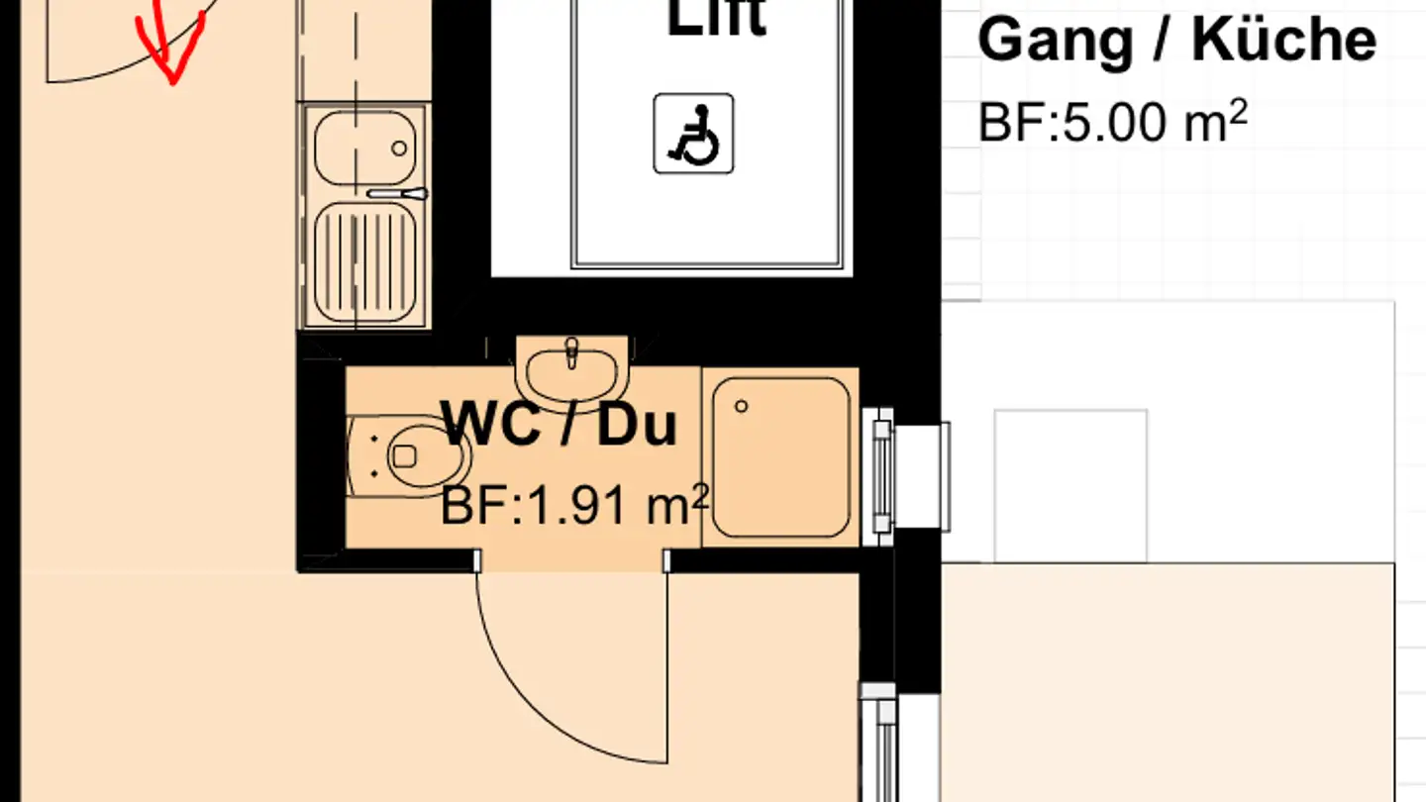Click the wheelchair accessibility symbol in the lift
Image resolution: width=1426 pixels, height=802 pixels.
(x=693, y=134)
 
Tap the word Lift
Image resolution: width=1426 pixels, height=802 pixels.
(x=717, y=18)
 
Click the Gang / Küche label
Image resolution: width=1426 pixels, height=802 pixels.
(x=1176, y=42)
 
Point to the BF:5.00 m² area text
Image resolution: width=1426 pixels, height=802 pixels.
(x=1112, y=125)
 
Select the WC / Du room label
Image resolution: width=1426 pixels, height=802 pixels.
(x=560, y=425)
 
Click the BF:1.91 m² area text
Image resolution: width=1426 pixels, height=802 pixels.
(x=574, y=507)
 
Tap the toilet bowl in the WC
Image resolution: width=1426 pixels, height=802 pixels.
(x=426, y=455)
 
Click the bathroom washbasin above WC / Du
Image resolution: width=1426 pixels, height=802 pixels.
(x=572, y=372)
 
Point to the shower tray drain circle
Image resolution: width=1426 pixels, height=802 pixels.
(x=742, y=406)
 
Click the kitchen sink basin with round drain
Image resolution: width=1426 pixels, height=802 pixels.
(x=364, y=148)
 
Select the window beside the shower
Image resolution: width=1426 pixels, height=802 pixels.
(x=880, y=476)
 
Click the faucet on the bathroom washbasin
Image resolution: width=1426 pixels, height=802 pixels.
(x=571, y=351)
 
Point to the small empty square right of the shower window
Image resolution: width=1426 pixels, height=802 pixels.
(x=1069, y=485)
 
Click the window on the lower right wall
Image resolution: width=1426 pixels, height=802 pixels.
(x=878, y=743)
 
